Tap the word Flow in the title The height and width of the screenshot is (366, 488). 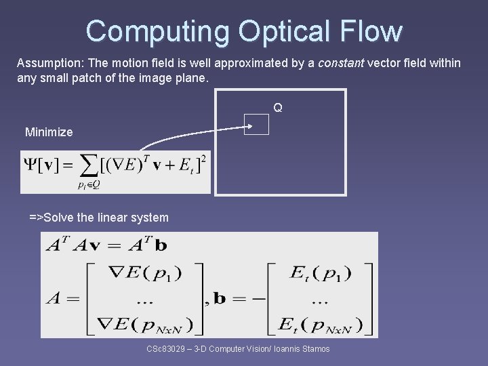tap(372, 31)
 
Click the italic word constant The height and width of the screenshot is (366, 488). tap(341, 63)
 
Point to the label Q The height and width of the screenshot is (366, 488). tap(278, 108)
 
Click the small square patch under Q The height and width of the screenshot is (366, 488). tap(256, 124)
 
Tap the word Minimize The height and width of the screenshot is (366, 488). tap(49, 132)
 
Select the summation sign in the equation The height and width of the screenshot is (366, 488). tap(88, 165)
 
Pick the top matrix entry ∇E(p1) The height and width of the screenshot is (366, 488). tap(143, 273)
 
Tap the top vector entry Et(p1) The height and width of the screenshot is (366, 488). tap(320, 273)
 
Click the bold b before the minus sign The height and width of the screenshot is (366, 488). tap(220, 299)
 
